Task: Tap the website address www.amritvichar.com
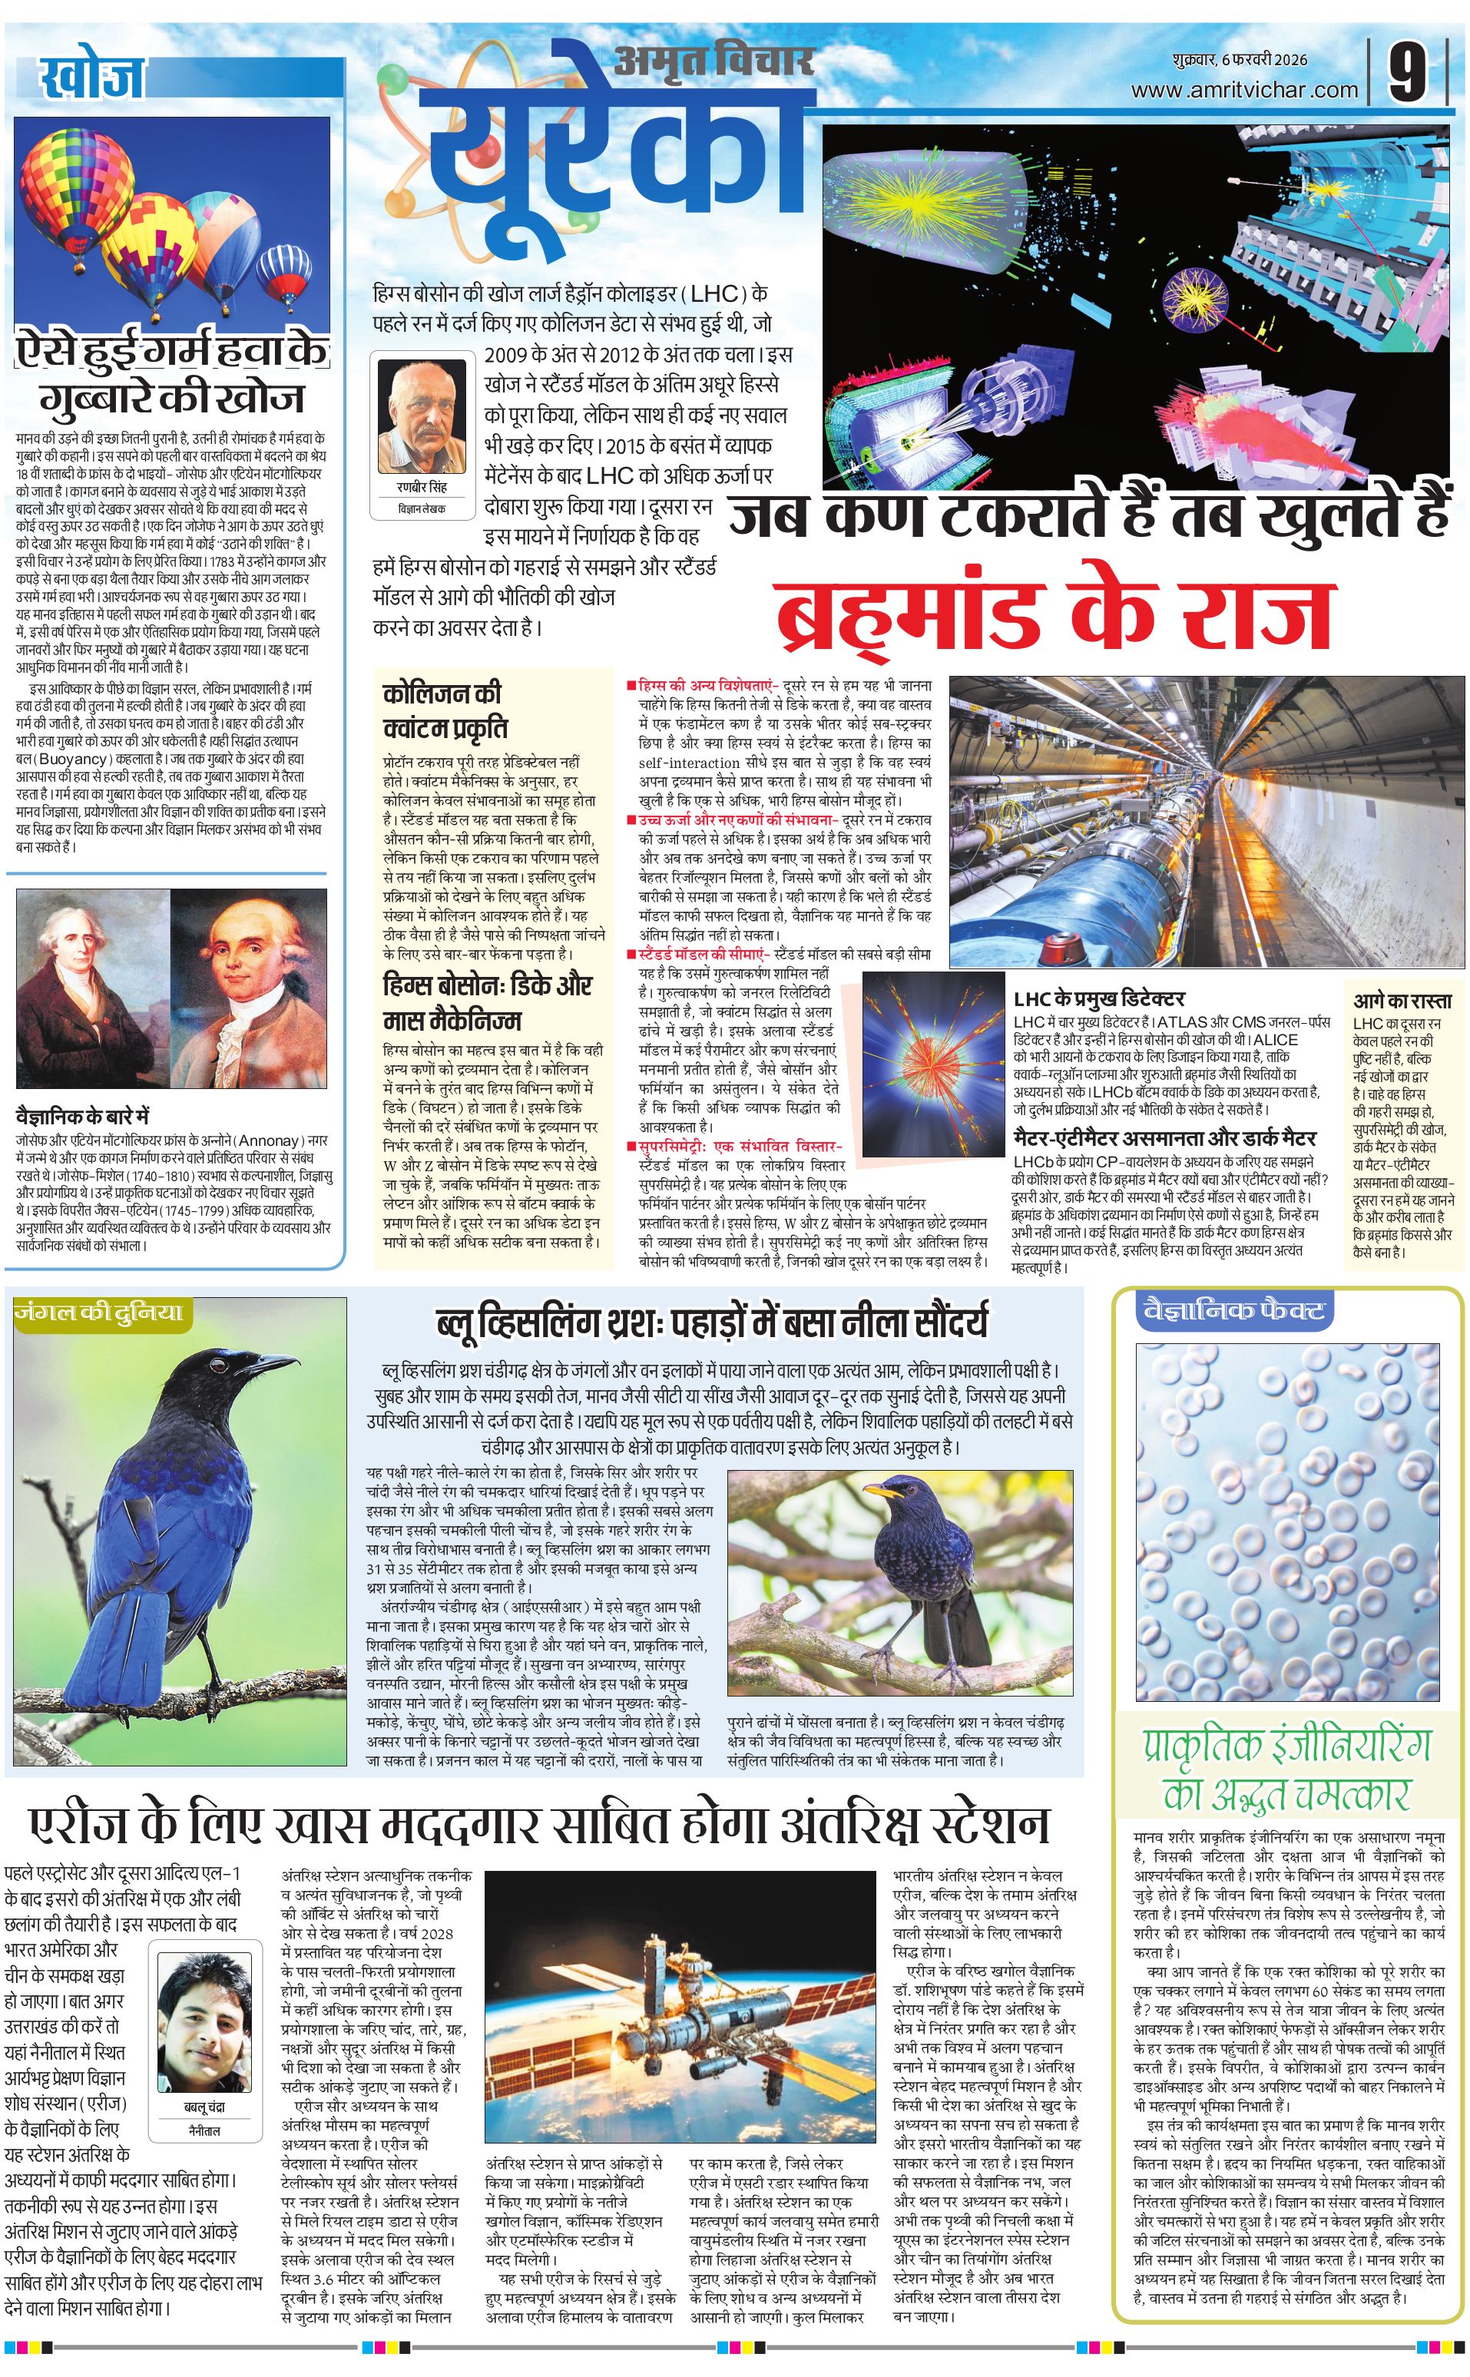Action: (x=1243, y=91)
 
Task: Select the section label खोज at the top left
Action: (x=91, y=78)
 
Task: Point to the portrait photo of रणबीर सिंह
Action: (x=422, y=416)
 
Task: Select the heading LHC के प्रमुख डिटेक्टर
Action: (x=1098, y=998)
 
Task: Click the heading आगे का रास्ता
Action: (x=1402, y=1001)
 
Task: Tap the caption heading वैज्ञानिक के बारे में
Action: (x=83, y=1116)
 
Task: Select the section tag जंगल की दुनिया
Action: (x=98, y=1313)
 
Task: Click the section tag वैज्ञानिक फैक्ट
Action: (x=1233, y=1312)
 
